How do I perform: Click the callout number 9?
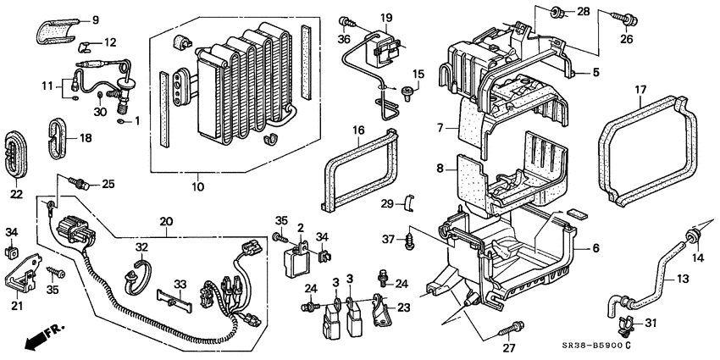(x=95, y=19)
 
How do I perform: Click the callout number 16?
(x=358, y=129)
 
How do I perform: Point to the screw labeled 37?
(x=412, y=241)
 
